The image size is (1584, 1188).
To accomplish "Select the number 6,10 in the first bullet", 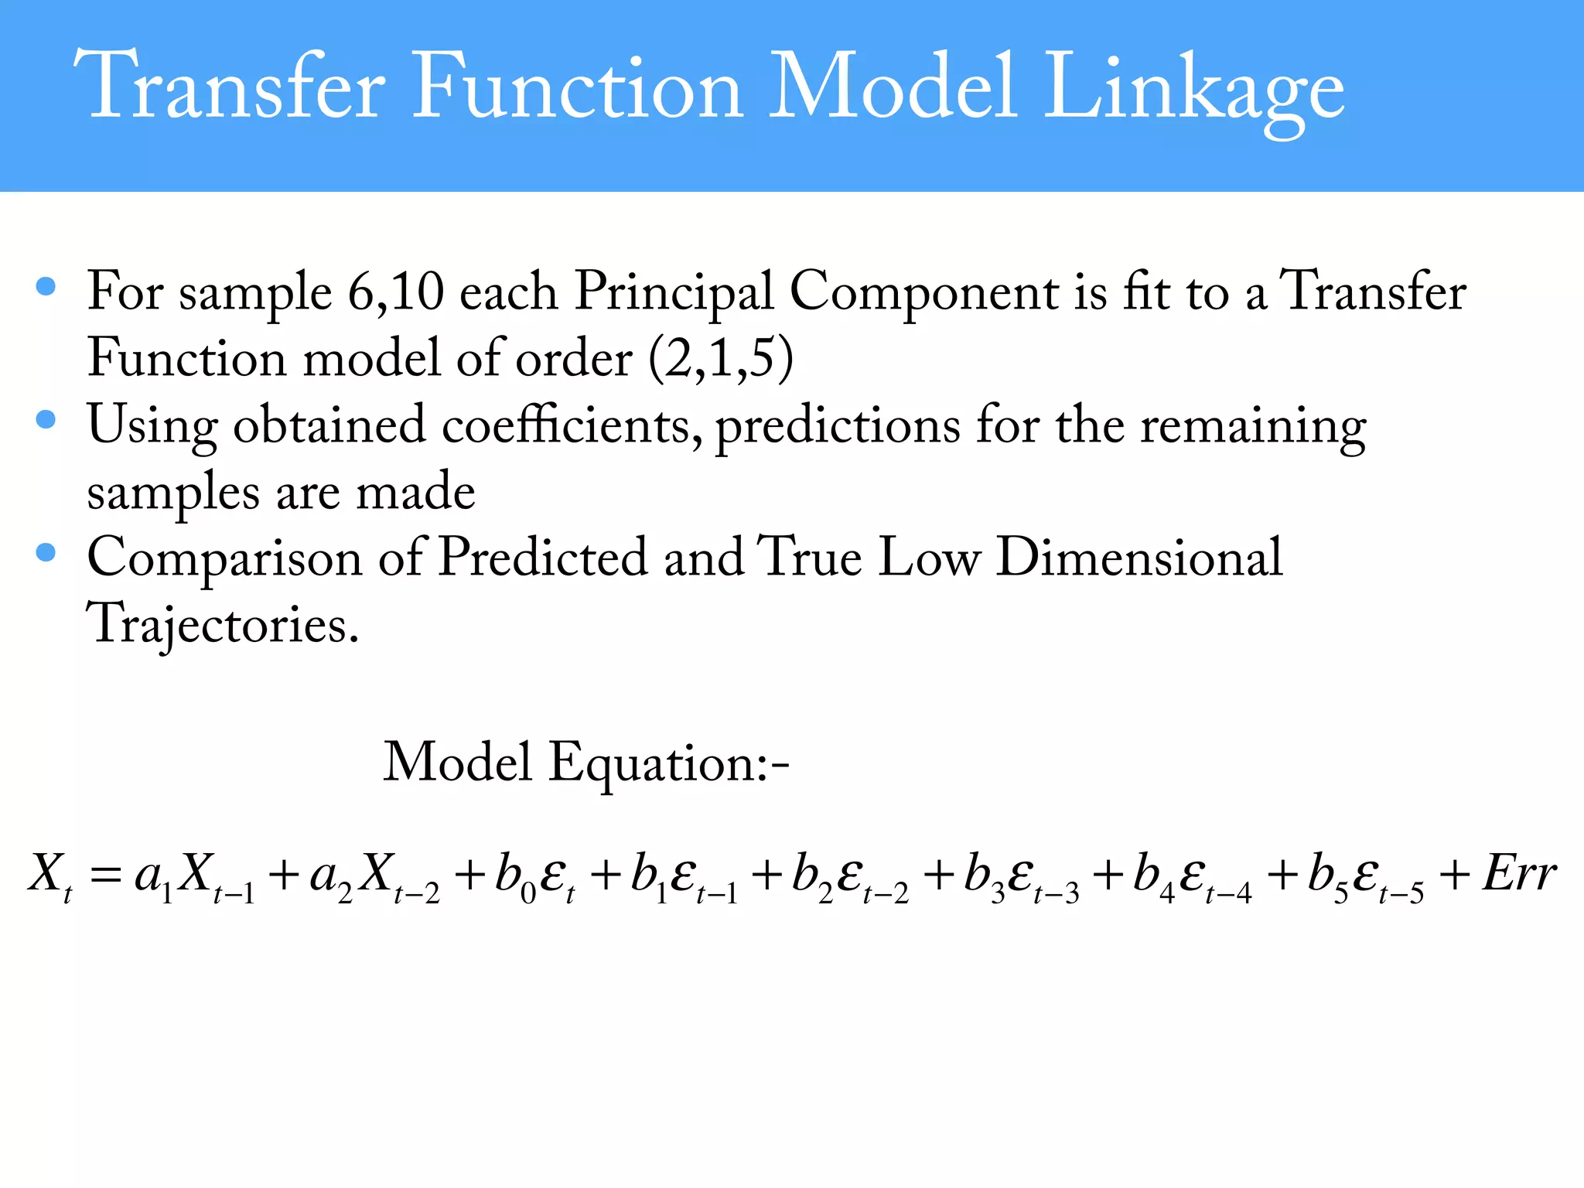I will coord(395,292).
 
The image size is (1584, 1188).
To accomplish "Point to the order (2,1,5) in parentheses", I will coord(720,359).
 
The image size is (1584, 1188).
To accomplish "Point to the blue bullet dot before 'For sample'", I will coord(46,287).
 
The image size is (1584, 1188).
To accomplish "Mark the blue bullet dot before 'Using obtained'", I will coord(46,420).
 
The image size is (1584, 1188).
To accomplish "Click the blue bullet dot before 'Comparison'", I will coord(46,552).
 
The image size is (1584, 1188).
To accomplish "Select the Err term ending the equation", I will coord(1519,875).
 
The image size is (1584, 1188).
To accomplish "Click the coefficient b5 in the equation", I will coord(1327,878).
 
